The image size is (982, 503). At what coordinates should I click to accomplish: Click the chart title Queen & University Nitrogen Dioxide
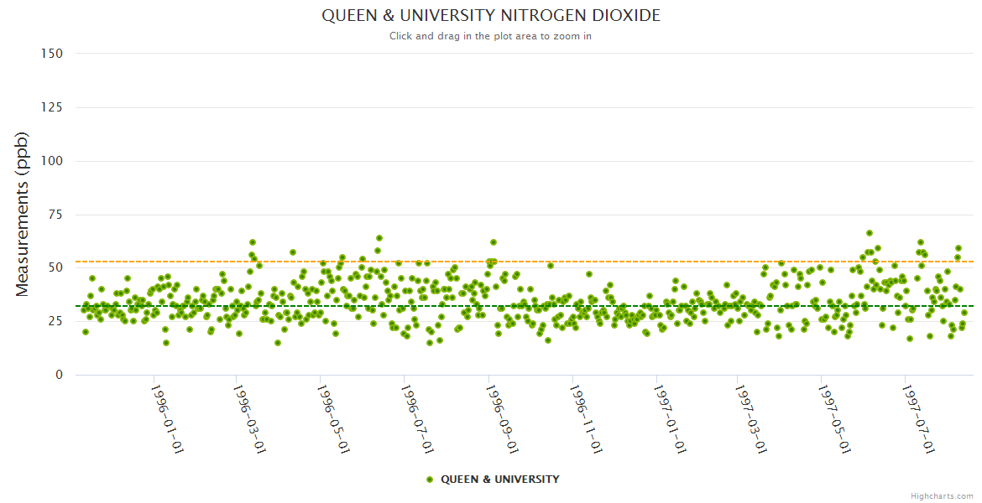pyautogui.click(x=491, y=16)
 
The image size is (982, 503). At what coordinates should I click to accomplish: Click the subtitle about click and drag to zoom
pyautogui.click(x=491, y=36)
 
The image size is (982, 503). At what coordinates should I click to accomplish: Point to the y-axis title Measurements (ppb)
pyautogui.click(x=23, y=214)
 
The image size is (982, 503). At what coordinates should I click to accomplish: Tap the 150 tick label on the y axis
pyautogui.click(x=52, y=54)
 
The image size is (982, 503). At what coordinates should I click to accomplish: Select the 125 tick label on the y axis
pyautogui.click(x=52, y=107)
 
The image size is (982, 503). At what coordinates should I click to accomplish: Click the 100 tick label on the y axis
pyautogui.click(x=52, y=161)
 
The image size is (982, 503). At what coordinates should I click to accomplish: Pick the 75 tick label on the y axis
pyautogui.click(x=55, y=215)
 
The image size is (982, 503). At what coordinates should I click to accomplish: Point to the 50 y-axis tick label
pyautogui.click(x=55, y=267)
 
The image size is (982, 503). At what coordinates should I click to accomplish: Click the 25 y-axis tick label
pyautogui.click(x=55, y=321)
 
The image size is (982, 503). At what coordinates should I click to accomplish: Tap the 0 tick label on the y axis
pyautogui.click(x=59, y=375)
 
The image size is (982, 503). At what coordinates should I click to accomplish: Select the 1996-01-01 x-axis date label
pyautogui.click(x=167, y=418)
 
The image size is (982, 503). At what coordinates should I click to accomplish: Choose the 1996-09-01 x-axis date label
pyautogui.click(x=502, y=418)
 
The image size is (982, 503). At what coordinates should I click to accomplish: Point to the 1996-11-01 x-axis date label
pyautogui.click(x=585, y=418)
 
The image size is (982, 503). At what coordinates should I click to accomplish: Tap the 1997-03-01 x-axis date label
pyautogui.click(x=750, y=418)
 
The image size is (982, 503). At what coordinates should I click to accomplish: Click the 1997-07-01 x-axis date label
pyautogui.click(x=917, y=418)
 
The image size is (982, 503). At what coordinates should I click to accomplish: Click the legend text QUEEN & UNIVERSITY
pyautogui.click(x=500, y=480)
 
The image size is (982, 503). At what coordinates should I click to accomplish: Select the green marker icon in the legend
pyautogui.click(x=430, y=480)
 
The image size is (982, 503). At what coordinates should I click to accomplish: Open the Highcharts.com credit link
pyautogui.click(x=942, y=496)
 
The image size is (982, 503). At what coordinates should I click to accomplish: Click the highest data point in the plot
pyautogui.click(x=870, y=233)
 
